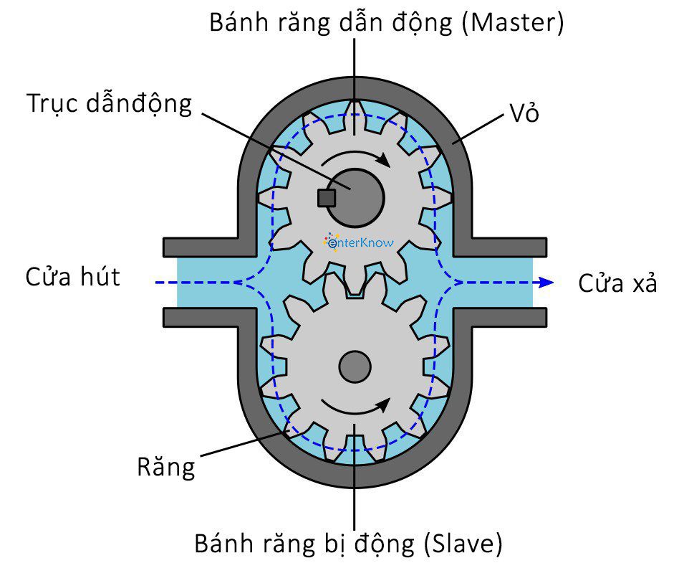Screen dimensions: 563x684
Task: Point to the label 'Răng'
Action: (165, 468)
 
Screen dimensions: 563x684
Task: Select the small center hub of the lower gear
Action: (355, 367)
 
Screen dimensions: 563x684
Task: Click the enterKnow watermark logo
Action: (358, 243)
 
